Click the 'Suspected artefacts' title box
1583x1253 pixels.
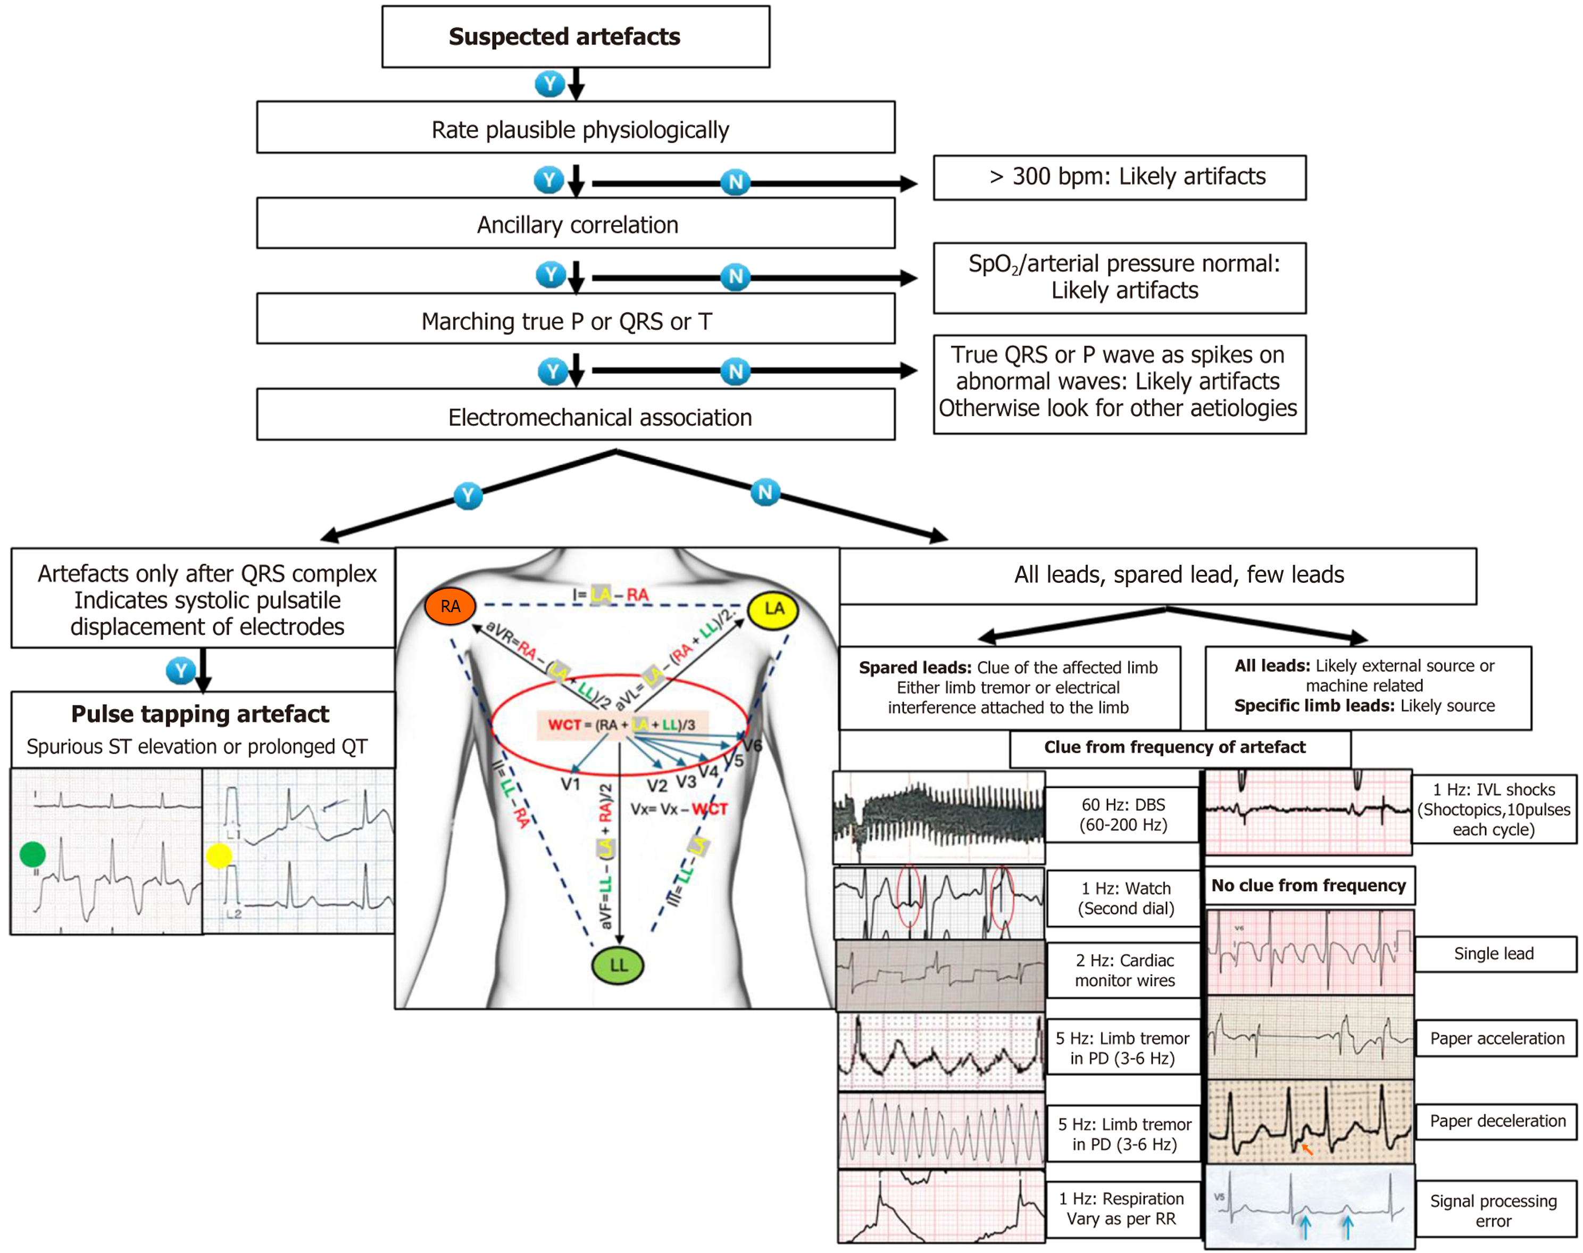pos(576,37)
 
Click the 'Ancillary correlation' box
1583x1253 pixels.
pos(576,224)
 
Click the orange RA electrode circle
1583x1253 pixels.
pos(450,606)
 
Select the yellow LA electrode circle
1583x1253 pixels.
pos(773,609)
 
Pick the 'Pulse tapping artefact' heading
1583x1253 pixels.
pos(200,714)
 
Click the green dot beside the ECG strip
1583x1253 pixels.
pos(32,854)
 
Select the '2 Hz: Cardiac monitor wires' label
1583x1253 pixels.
pos(1124,970)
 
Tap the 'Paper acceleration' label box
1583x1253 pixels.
pos(1496,1038)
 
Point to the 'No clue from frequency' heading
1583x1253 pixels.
pos(1308,886)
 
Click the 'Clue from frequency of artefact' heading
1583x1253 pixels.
pos(1174,747)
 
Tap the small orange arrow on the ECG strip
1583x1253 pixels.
pos(1306,1148)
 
